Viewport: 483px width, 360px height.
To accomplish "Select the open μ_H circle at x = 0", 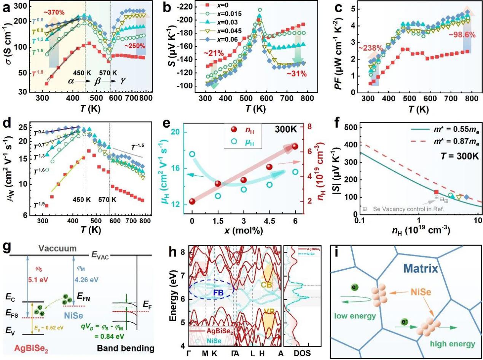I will click(x=192, y=154).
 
